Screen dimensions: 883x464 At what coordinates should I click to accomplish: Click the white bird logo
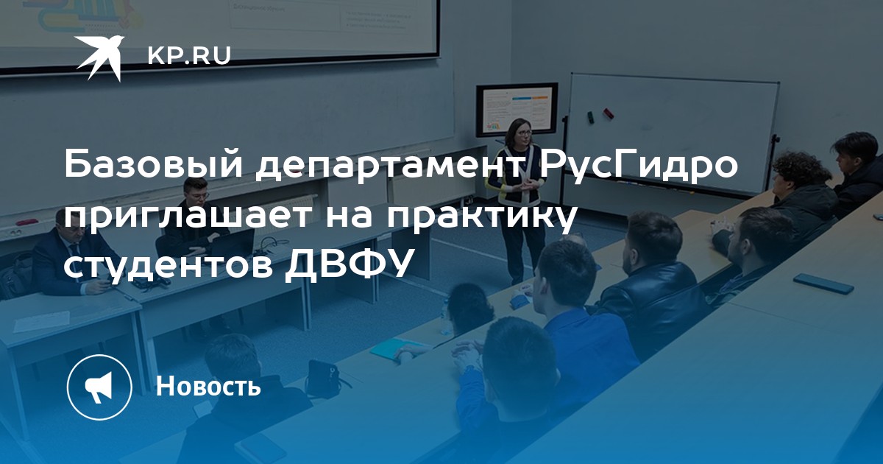click(99, 57)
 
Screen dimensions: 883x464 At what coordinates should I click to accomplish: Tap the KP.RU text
click(189, 56)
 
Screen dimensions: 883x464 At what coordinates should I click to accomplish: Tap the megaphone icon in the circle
click(99, 387)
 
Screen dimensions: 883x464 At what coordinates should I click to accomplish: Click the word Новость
click(208, 385)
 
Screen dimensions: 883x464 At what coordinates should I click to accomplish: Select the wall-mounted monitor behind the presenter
click(517, 110)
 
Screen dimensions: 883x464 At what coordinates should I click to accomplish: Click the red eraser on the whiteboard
click(609, 113)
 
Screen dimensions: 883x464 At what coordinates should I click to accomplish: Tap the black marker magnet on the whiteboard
click(590, 117)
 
